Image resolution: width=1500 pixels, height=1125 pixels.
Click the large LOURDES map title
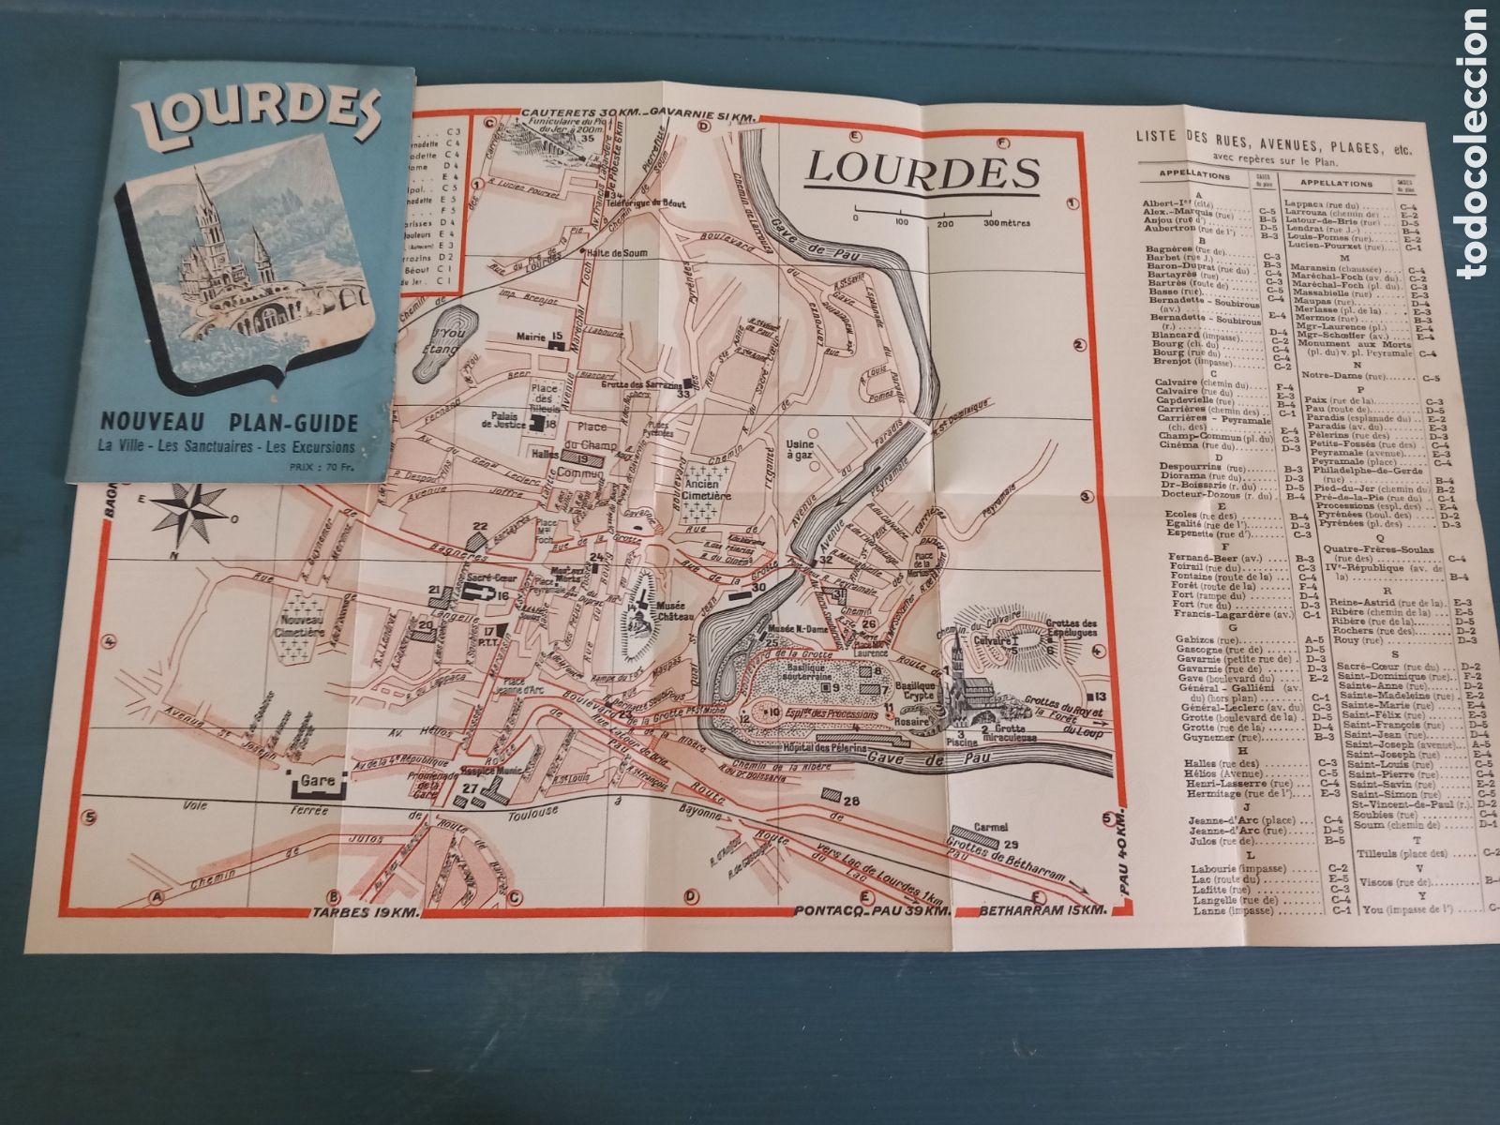coord(923,171)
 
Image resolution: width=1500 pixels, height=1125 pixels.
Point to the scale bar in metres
coord(942,217)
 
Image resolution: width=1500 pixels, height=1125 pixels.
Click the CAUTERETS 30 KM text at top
coord(579,113)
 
